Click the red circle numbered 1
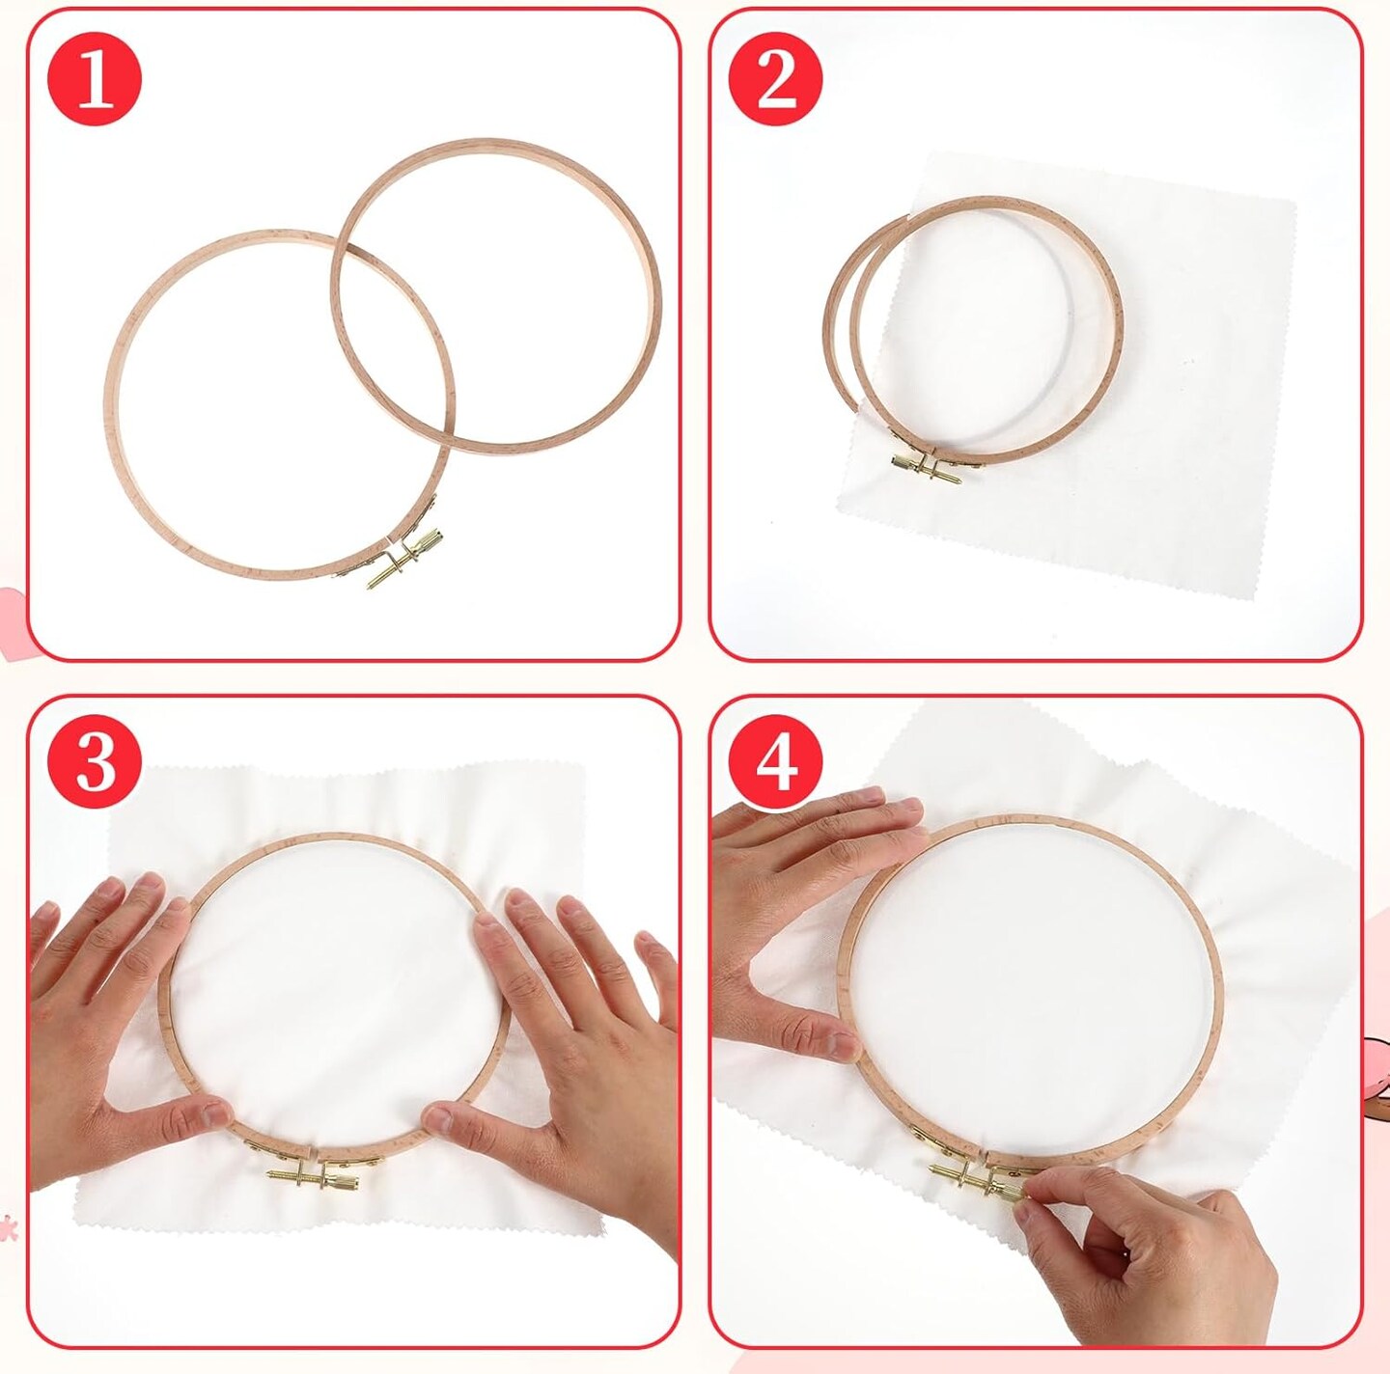[95, 78]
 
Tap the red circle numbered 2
[776, 78]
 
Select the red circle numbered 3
[95, 762]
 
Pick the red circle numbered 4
[776, 762]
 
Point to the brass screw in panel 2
[927, 469]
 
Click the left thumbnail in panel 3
[212, 1113]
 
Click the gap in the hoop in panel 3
[311, 1151]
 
